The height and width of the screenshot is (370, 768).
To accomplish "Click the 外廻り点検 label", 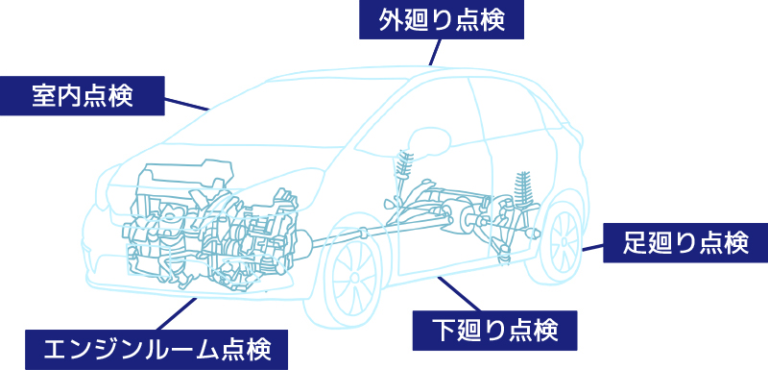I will click(x=443, y=19).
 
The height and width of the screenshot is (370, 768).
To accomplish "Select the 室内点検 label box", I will click(x=82, y=95).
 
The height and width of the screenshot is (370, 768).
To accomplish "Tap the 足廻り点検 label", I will click(x=684, y=242).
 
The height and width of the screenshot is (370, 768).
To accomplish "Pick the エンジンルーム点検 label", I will click(x=157, y=348).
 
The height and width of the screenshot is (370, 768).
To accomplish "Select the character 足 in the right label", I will click(x=633, y=242).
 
